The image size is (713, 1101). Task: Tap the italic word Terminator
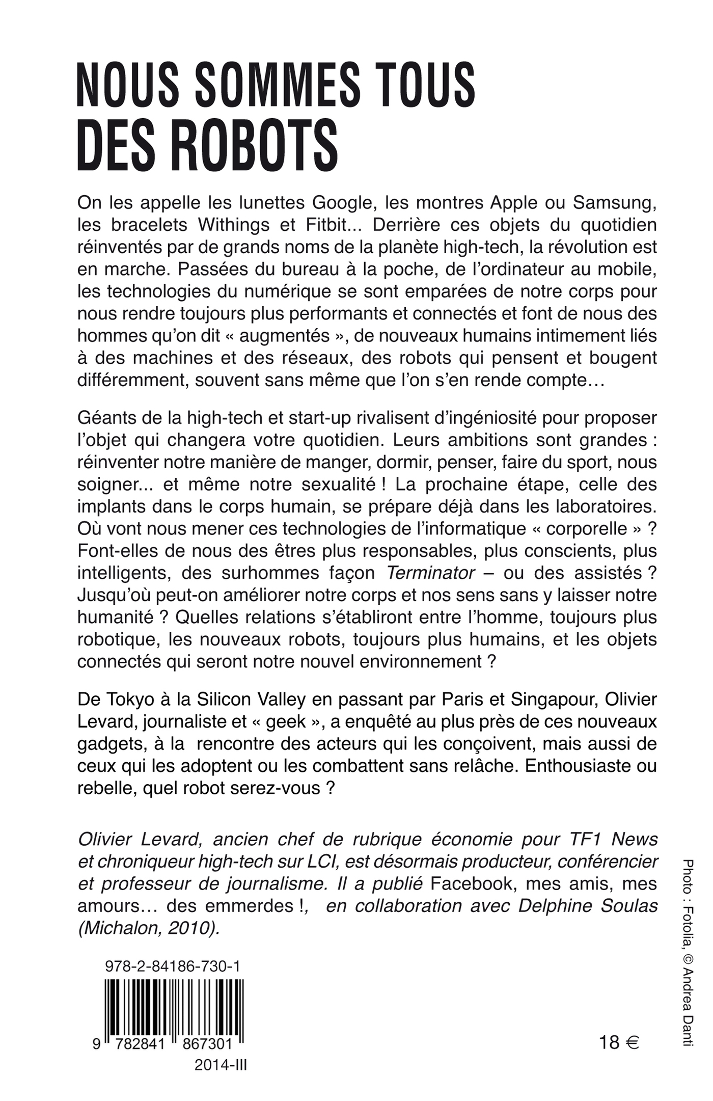point(430,573)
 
